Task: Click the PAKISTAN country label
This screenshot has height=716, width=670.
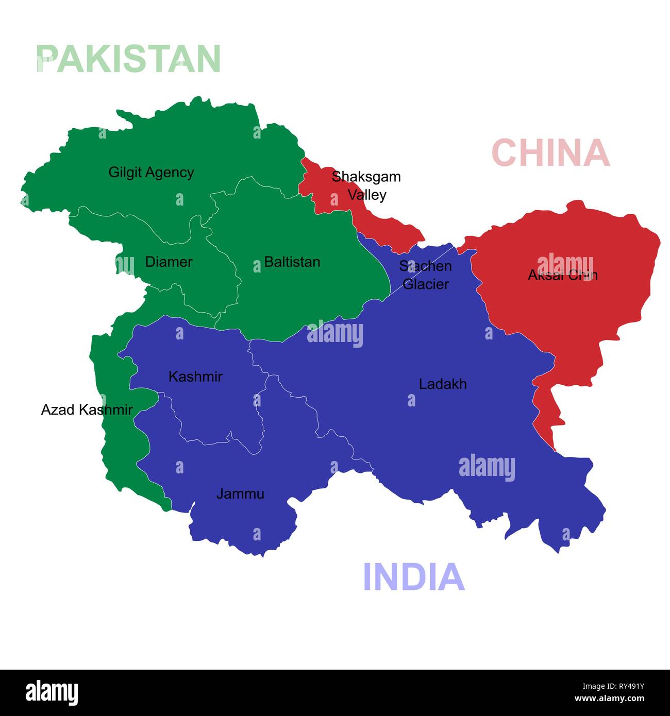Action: (x=129, y=58)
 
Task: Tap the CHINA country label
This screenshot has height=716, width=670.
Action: (x=550, y=152)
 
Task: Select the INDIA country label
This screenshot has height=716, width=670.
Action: (x=414, y=576)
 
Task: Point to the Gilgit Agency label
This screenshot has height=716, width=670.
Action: (x=151, y=172)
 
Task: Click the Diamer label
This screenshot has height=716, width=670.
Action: (x=169, y=262)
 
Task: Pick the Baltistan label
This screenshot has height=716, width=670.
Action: (x=292, y=262)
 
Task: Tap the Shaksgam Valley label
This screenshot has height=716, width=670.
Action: (x=366, y=185)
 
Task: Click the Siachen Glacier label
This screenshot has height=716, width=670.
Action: (x=426, y=275)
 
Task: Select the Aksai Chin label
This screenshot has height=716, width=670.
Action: (x=562, y=275)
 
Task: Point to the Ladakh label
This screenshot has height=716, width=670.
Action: (x=443, y=384)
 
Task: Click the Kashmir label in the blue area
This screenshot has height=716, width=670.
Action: (x=195, y=377)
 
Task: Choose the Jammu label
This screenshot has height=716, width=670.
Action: (x=240, y=494)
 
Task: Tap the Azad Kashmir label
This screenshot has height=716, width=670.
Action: (x=87, y=410)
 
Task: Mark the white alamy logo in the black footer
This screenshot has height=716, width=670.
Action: (x=52, y=692)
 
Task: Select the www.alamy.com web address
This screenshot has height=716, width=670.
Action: (x=609, y=699)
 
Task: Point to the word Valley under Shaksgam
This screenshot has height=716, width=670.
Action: (x=367, y=195)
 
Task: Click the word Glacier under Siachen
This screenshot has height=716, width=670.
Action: (x=426, y=284)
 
